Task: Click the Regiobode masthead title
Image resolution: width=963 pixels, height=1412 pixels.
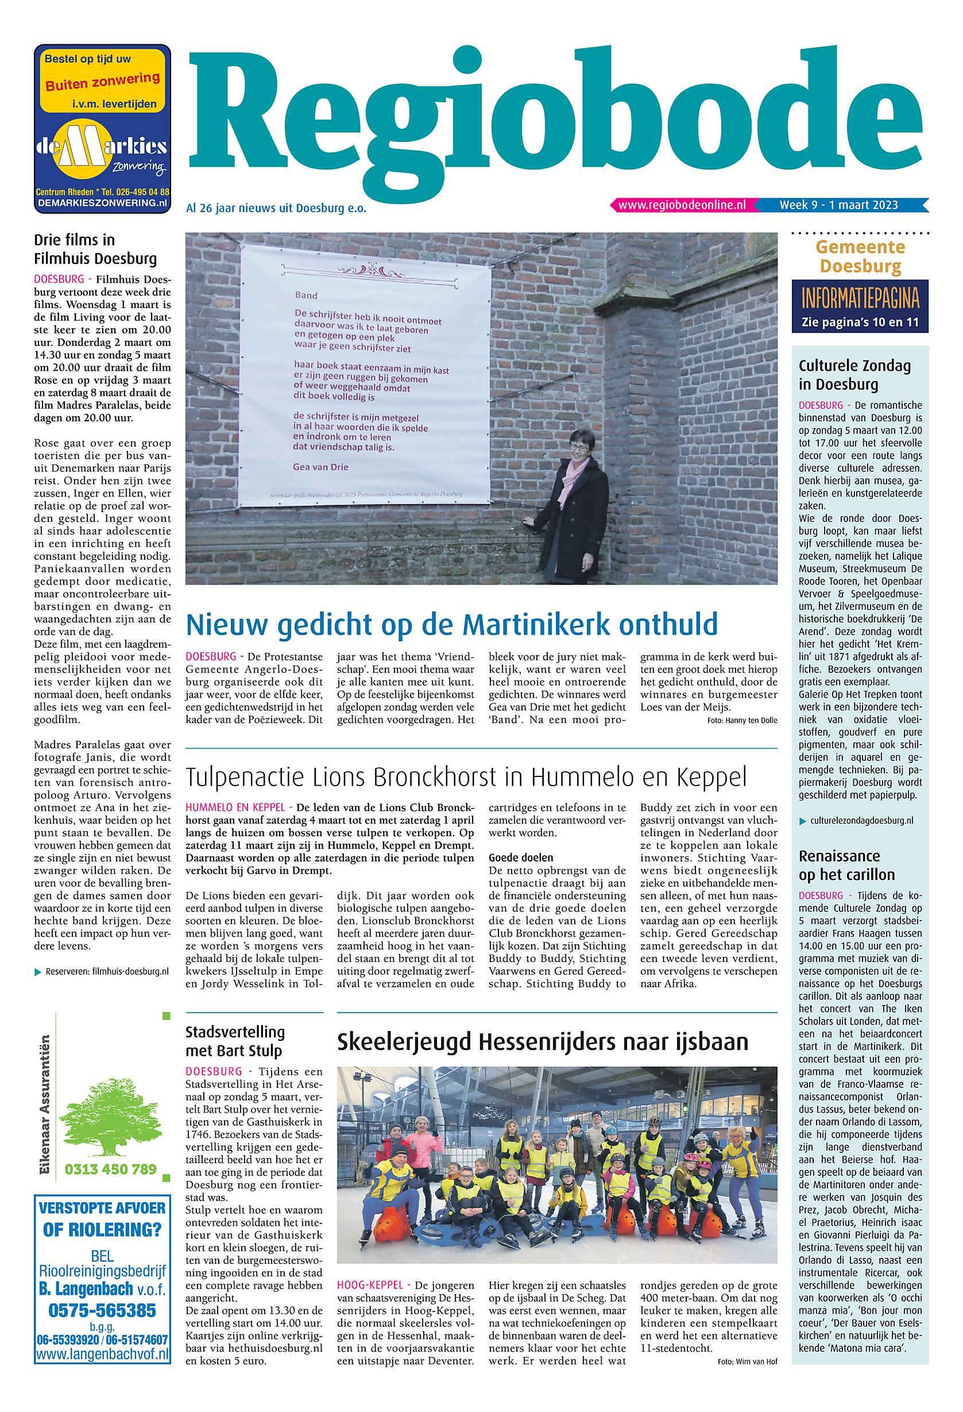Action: (x=556, y=114)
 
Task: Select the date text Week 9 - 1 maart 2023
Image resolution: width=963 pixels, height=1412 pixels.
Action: (x=838, y=205)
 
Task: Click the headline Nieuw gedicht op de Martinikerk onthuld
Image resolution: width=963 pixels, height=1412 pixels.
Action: (x=452, y=624)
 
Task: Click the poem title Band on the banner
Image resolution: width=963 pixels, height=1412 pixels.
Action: (x=306, y=295)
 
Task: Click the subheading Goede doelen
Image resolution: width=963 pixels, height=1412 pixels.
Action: (x=520, y=858)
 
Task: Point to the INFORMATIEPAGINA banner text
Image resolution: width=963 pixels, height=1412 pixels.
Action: (x=860, y=299)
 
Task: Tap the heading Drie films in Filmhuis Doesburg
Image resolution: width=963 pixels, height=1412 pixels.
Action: (x=95, y=249)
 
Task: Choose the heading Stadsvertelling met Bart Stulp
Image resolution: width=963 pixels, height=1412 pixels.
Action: (x=235, y=1041)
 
